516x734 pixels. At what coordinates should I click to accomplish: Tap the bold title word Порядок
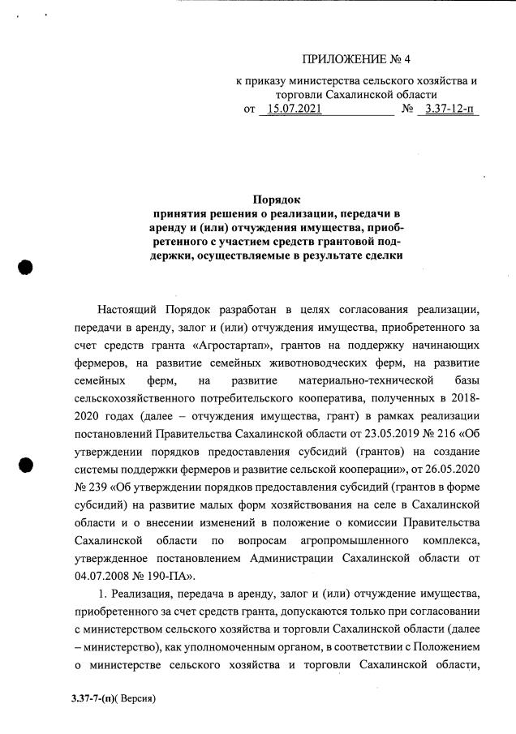pos(277,198)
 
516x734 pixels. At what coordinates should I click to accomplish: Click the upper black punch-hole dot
pos(26,268)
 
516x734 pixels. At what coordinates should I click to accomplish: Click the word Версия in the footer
pos(135,697)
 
